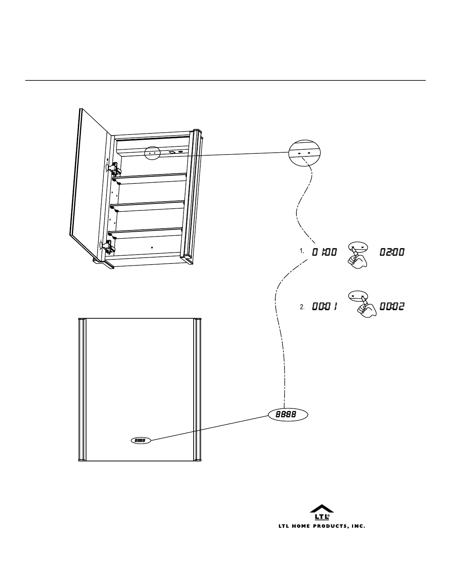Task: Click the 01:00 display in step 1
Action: tap(324, 252)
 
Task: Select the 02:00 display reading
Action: tap(392, 252)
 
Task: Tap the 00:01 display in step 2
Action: tap(324, 307)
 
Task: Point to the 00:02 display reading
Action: tap(392, 307)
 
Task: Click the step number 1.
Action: tap(302, 251)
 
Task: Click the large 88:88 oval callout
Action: tap(288, 415)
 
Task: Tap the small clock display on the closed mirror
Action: tap(141, 441)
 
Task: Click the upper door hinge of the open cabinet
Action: tap(114, 169)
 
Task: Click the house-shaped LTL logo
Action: tap(322, 512)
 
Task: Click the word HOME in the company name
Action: tap(301, 526)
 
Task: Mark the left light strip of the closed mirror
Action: tap(83, 389)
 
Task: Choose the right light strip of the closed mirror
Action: tap(197, 389)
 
